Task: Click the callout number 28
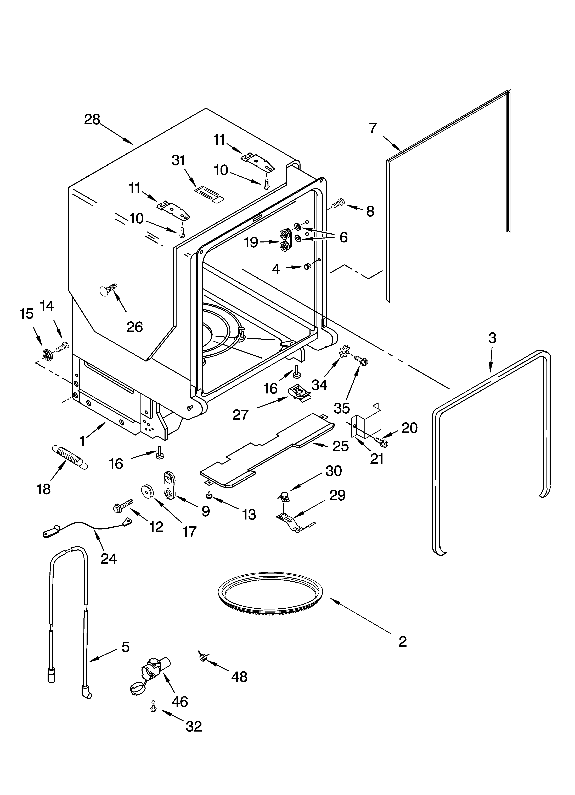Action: [x=92, y=120]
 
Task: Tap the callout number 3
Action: [x=492, y=338]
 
